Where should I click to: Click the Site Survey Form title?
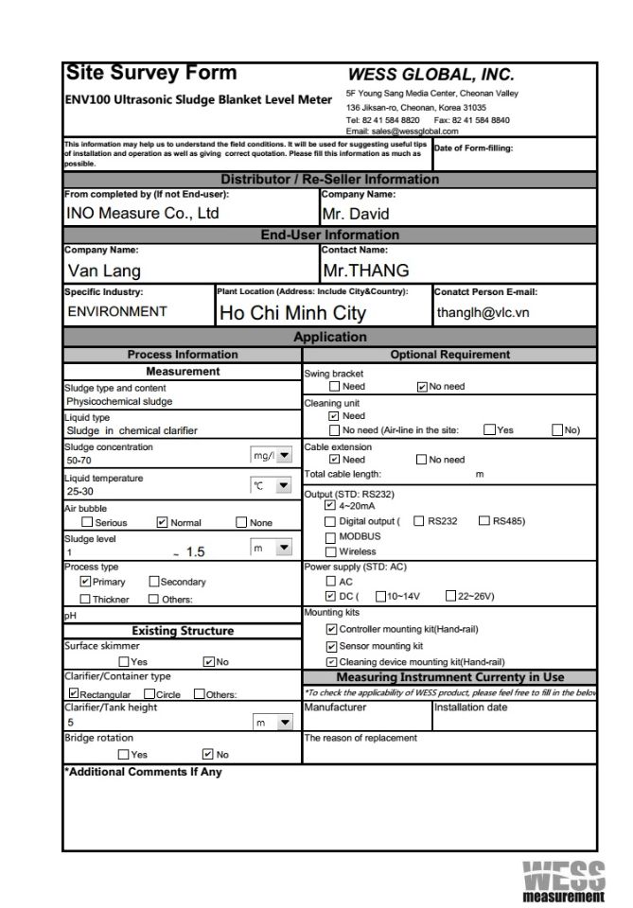[150, 74]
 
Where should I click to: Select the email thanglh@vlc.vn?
[483, 312]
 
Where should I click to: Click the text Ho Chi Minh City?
[292, 313]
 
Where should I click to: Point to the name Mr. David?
[355, 214]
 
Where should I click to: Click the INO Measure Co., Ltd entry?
[142, 214]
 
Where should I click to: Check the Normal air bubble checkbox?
[162, 522]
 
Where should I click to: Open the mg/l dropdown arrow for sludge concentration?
[283, 455]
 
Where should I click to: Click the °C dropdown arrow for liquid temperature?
[283, 485]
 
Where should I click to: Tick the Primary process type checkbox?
[86, 582]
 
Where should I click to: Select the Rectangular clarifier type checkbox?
[72, 693]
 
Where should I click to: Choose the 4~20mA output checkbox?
[329, 505]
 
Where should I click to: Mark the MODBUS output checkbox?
[330, 536]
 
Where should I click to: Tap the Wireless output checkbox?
[330, 551]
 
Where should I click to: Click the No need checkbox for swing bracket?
[422, 386]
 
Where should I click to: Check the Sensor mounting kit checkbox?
[330, 646]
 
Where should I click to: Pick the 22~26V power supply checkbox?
[450, 596]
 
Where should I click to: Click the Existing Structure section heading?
[182, 631]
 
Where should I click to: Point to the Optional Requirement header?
[449, 355]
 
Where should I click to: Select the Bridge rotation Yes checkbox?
[124, 754]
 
